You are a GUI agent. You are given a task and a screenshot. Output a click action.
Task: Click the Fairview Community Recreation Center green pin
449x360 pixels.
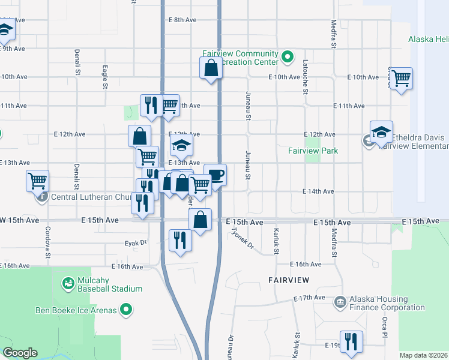point(288,58)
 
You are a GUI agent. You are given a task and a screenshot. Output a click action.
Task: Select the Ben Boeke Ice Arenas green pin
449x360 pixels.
point(126,310)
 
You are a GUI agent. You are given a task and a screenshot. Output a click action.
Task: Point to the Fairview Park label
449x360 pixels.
point(313,151)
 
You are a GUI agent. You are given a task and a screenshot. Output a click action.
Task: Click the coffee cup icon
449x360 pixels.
point(215,175)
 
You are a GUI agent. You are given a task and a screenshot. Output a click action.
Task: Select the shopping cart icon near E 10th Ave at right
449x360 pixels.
point(401,78)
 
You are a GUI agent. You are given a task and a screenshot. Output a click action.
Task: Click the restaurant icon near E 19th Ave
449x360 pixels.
point(351,342)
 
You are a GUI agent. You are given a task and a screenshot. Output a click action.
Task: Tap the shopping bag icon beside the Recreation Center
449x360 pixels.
point(211,68)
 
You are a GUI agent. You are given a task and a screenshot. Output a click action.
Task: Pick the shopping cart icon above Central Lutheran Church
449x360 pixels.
point(37,179)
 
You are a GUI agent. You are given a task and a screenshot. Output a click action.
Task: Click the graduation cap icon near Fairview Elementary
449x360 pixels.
point(381,132)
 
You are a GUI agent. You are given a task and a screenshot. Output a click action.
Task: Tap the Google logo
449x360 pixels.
point(20,353)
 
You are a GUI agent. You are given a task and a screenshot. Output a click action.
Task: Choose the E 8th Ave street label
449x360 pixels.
point(182,20)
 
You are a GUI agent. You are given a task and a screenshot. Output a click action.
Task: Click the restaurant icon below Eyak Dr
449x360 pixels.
point(180,241)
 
